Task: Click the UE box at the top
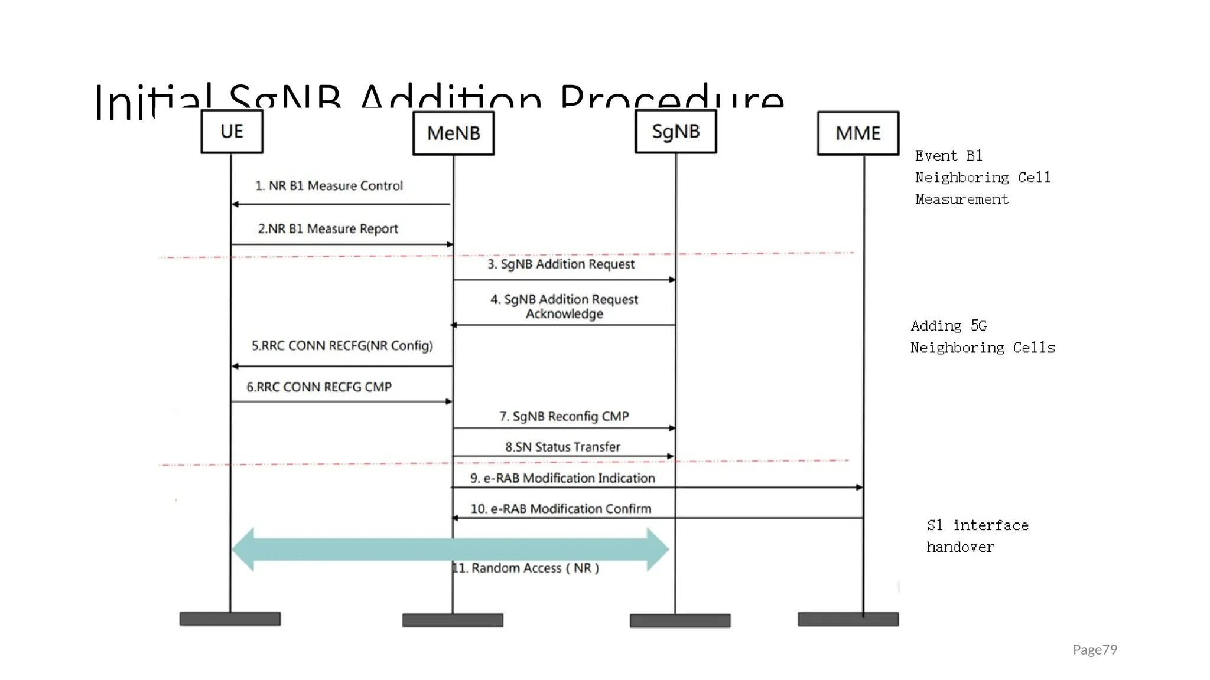[x=232, y=132]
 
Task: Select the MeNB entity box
[x=453, y=133]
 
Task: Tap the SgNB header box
[x=675, y=132]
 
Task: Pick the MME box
[x=858, y=133]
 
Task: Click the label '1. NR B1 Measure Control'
[x=328, y=186]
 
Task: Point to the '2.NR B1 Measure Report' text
[x=328, y=228]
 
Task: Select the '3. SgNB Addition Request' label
[x=561, y=264]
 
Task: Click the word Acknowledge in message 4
[x=564, y=314]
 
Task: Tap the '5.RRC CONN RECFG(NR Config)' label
[x=342, y=345]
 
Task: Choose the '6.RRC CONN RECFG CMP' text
[x=319, y=387]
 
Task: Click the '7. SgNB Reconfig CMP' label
[x=564, y=416]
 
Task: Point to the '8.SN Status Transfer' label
[x=562, y=447]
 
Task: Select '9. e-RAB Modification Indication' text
[x=562, y=478]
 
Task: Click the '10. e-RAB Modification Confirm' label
[x=561, y=509]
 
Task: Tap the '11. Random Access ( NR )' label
[x=526, y=568]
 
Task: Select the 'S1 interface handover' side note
[x=977, y=536]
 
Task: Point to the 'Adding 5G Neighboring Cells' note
[x=982, y=336]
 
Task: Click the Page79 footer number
[x=1095, y=650]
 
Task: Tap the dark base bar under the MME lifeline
[x=848, y=619]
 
